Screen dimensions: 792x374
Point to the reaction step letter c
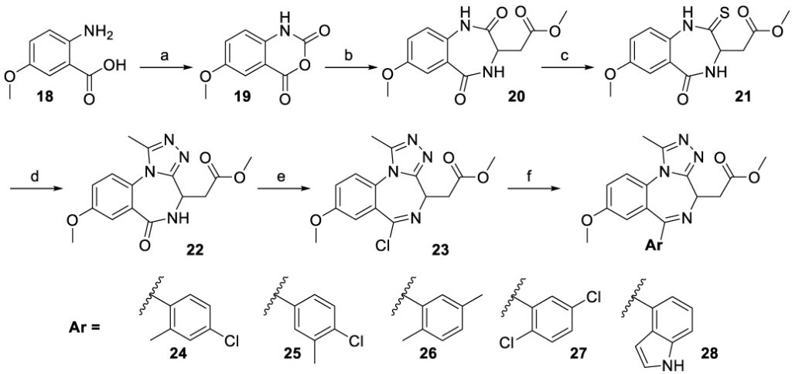click(x=570, y=56)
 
